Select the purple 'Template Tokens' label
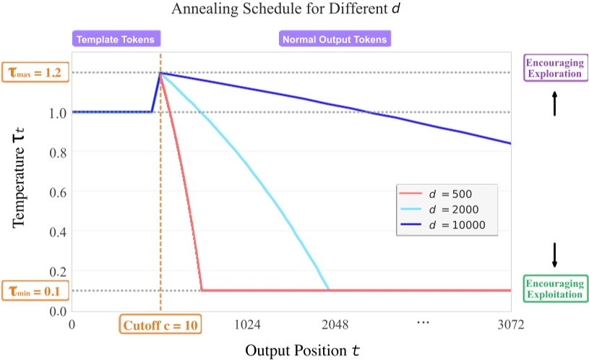click(116, 40)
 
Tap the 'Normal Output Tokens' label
click(335, 40)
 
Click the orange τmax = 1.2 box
click(35, 73)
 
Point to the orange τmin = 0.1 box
click(35, 291)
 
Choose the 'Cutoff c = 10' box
click(160, 325)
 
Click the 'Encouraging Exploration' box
click(554, 68)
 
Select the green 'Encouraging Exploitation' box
click(554, 288)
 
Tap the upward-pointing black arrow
click(555, 103)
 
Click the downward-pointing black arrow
click(555, 254)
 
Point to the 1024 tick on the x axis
click(248, 325)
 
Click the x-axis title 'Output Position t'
click(302, 351)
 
